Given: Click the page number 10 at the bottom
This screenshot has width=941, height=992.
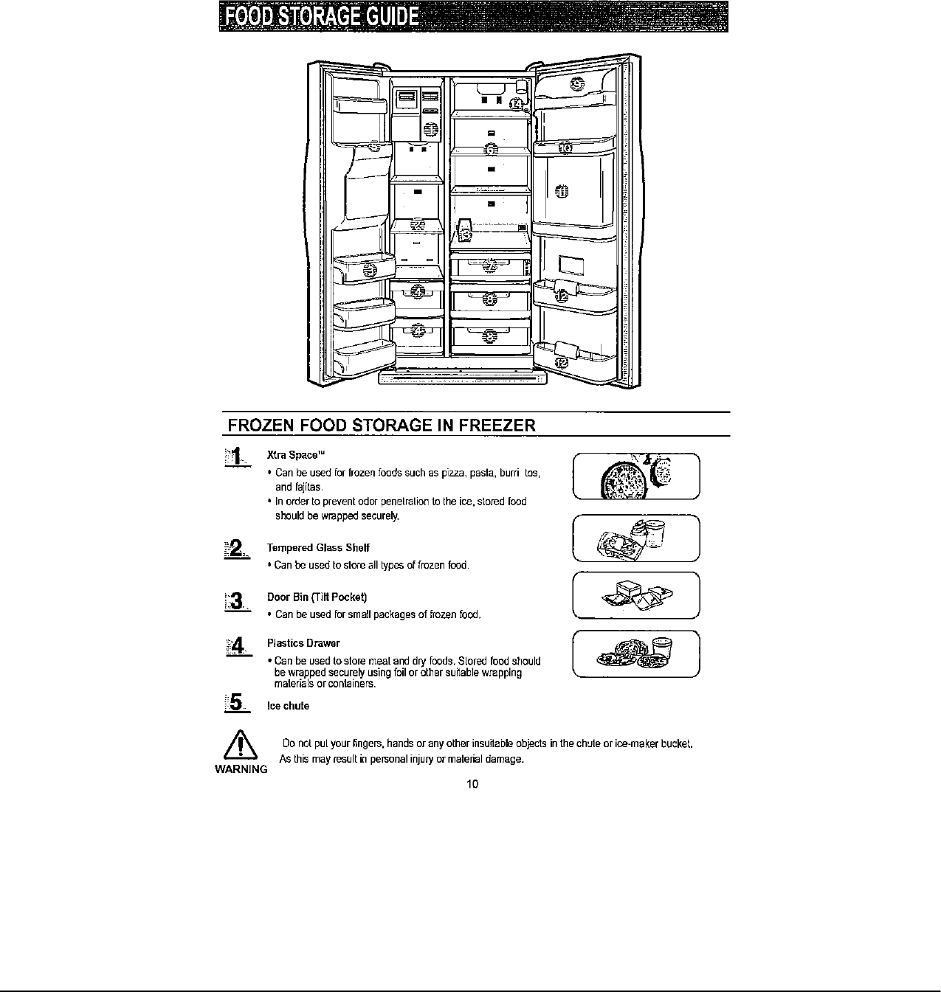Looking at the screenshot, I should click(x=472, y=783).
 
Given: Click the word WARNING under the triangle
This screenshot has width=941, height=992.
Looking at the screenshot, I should click(x=241, y=769).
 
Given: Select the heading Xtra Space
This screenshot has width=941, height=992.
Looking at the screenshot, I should click(x=296, y=454).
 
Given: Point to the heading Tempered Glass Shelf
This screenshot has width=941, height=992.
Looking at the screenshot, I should click(x=318, y=547).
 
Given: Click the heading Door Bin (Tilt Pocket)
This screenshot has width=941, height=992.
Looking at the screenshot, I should click(x=317, y=596).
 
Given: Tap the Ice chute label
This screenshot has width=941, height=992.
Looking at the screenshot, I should click(x=288, y=706).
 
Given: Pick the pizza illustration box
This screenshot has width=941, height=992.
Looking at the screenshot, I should click(x=635, y=476).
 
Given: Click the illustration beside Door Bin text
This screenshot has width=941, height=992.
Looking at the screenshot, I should click(x=635, y=594).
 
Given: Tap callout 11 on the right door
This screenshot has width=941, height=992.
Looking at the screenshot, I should click(x=562, y=191).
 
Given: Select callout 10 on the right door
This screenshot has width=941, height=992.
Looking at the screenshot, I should click(x=565, y=147).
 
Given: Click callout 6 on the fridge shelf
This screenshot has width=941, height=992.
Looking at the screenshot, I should click(x=491, y=148).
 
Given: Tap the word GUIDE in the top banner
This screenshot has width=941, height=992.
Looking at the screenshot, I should click(x=385, y=17).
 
